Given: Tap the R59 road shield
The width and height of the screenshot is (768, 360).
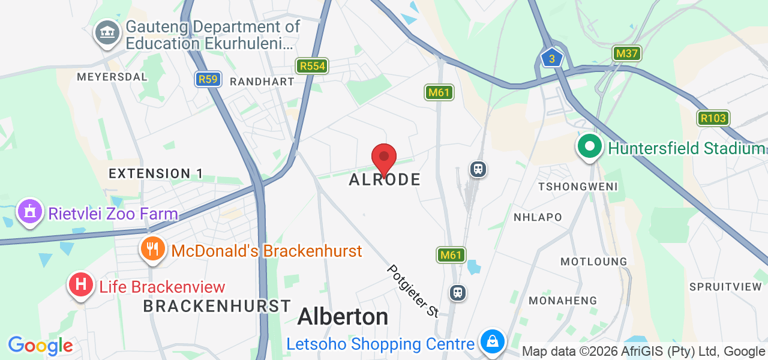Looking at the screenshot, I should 208,79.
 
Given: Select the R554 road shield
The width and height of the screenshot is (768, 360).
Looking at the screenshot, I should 312,66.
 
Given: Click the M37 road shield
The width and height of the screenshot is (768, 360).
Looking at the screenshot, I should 627,53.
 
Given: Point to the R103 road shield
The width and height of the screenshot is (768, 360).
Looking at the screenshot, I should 713,118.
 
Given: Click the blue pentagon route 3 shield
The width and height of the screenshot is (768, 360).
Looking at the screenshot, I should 551,58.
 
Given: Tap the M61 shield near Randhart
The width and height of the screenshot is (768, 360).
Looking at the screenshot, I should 439,92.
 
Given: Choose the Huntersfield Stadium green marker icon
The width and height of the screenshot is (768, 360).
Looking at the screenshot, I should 590,146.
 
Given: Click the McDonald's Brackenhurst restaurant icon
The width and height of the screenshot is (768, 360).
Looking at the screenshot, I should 153,248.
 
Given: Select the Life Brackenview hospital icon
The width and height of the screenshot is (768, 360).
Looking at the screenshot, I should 81,284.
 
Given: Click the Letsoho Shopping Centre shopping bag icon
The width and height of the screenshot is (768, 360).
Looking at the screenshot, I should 492,341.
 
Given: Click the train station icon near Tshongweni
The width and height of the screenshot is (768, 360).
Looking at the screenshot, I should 478,169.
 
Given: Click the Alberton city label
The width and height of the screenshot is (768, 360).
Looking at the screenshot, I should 343,316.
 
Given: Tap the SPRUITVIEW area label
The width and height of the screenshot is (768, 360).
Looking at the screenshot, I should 725,287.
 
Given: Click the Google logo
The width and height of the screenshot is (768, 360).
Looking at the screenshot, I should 40,346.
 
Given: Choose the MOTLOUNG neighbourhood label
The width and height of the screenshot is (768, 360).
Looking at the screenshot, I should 593,262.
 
